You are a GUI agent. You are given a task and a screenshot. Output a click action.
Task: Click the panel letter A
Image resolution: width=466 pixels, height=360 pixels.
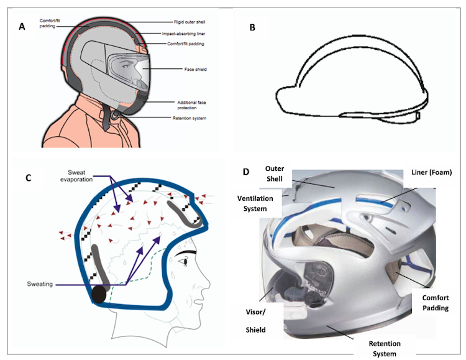pyautogui.click(x=22, y=26)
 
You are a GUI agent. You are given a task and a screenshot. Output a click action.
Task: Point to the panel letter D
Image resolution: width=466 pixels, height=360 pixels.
pyautogui.click(x=247, y=171)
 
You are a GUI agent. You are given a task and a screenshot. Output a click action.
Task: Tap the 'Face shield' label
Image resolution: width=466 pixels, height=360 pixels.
pyautogui.click(x=196, y=69)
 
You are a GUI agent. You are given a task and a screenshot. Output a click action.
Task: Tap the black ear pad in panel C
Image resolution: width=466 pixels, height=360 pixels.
pyautogui.click(x=98, y=292)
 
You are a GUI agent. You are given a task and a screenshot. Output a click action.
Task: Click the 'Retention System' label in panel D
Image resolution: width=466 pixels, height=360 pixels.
pyautogui.click(x=385, y=348)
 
